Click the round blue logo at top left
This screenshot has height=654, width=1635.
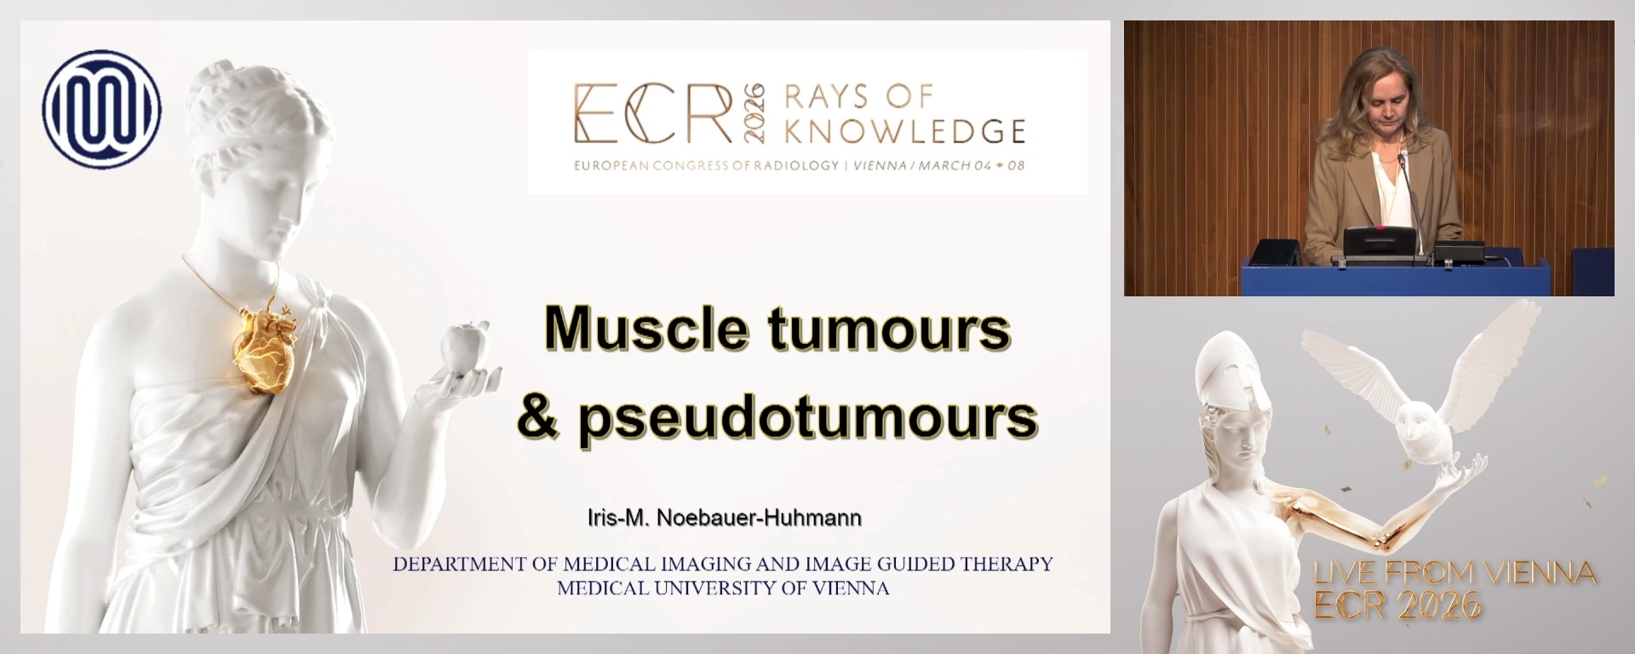tap(101, 107)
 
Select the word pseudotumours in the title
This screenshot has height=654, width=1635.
tap(807, 417)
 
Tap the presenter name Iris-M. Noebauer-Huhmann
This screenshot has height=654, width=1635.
tap(724, 518)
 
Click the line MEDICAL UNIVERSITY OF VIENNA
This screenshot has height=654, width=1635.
tap(723, 588)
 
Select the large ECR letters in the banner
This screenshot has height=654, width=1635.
tap(652, 113)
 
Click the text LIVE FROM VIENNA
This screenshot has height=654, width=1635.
tap(1454, 574)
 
